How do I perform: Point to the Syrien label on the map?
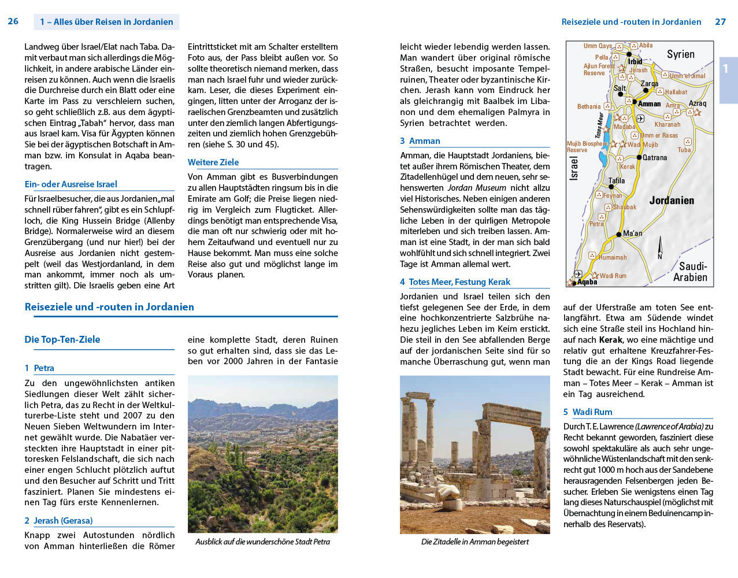[x=680, y=54]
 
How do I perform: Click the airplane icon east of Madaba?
[x=640, y=118]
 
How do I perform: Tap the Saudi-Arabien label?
[x=691, y=272]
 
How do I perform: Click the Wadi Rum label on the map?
[x=613, y=276]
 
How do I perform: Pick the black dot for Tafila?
[x=611, y=187]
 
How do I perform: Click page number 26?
[x=13, y=21]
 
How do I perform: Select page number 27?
[x=720, y=21]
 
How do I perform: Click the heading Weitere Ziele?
[x=213, y=162]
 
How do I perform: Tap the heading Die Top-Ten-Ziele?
[x=62, y=339]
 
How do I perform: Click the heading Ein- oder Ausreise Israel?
[x=71, y=184]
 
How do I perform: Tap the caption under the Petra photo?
[x=262, y=542]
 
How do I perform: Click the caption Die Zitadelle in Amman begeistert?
[x=474, y=542]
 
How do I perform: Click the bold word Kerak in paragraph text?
[x=610, y=340]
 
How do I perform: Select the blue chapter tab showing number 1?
[x=727, y=69]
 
